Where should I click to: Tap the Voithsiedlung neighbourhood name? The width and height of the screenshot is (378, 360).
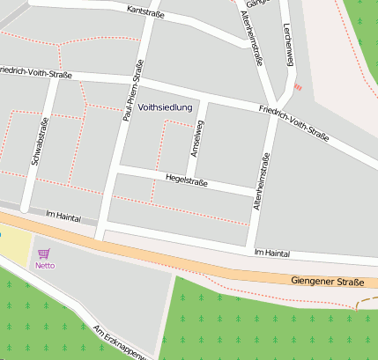(x=165, y=107)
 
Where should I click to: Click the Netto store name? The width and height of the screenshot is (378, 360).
(x=44, y=265)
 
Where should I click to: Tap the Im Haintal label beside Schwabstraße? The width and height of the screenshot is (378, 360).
(x=61, y=217)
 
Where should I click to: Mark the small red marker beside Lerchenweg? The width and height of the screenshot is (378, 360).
(x=298, y=86)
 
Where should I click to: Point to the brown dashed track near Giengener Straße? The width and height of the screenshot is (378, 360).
(x=366, y=300)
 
